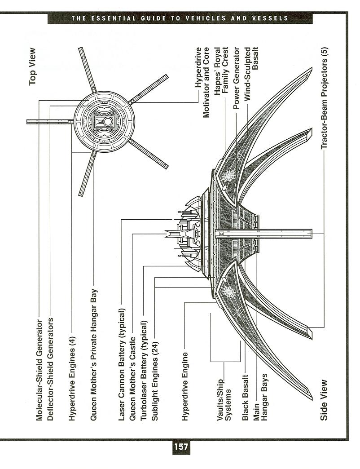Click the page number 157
(x=181, y=447)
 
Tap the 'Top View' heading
(x=32, y=66)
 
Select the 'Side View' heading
(x=324, y=400)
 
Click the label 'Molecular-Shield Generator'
(x=39, y=370)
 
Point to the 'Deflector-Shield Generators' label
(x=50, y=369)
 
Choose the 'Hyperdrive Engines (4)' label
(x=72, y=379)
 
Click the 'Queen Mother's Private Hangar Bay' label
(x=93, y=355)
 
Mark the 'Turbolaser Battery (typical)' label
(x=144, y=370)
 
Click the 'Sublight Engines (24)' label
(x=154, y=381)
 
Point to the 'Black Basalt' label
(x=245, y=398)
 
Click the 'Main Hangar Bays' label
(x=260, y=397)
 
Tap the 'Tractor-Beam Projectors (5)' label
(x=324, y=98)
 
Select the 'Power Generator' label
(x=236, y=78)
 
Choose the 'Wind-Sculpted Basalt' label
(x=251, y=74)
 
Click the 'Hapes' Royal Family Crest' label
(x=221, y=71)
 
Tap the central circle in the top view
(x=108, y=122)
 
